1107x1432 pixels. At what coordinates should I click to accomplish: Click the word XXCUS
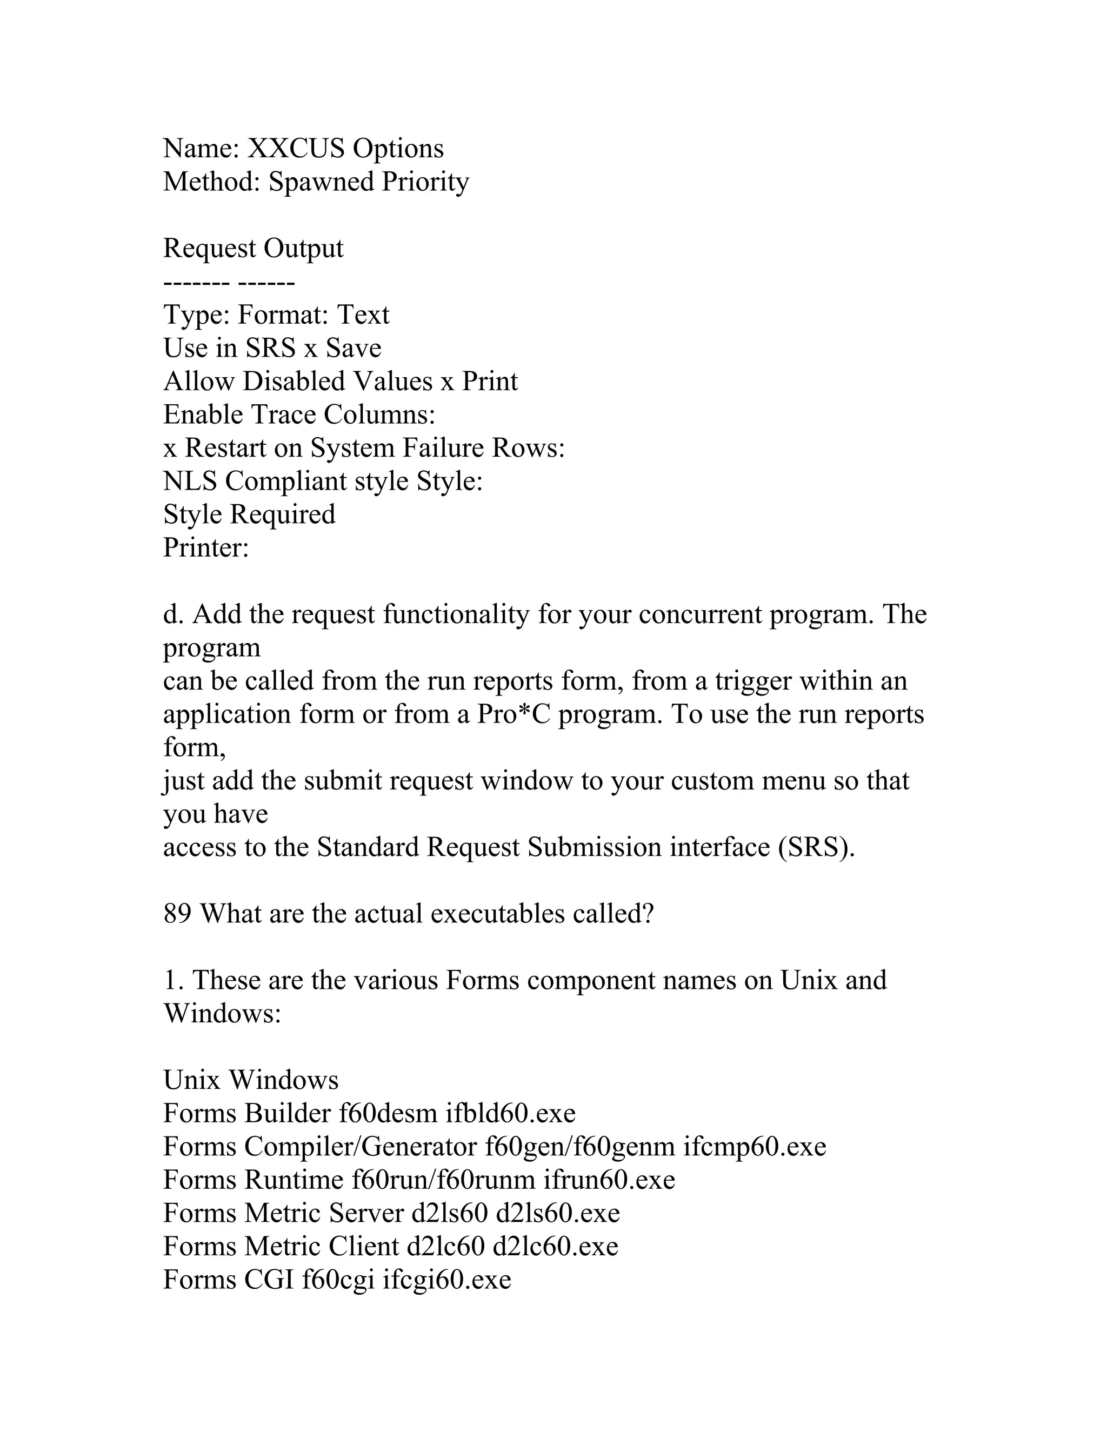coord(296,149)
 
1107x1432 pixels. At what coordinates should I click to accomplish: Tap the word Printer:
coord(206,548)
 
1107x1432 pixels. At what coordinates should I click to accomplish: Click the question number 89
coord(177,914)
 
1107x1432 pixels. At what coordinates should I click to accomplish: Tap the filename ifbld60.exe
coord(510,1114)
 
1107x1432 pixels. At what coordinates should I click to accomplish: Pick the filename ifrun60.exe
coord(609,1180)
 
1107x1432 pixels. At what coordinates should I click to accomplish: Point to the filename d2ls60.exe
coord(557,1214)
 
